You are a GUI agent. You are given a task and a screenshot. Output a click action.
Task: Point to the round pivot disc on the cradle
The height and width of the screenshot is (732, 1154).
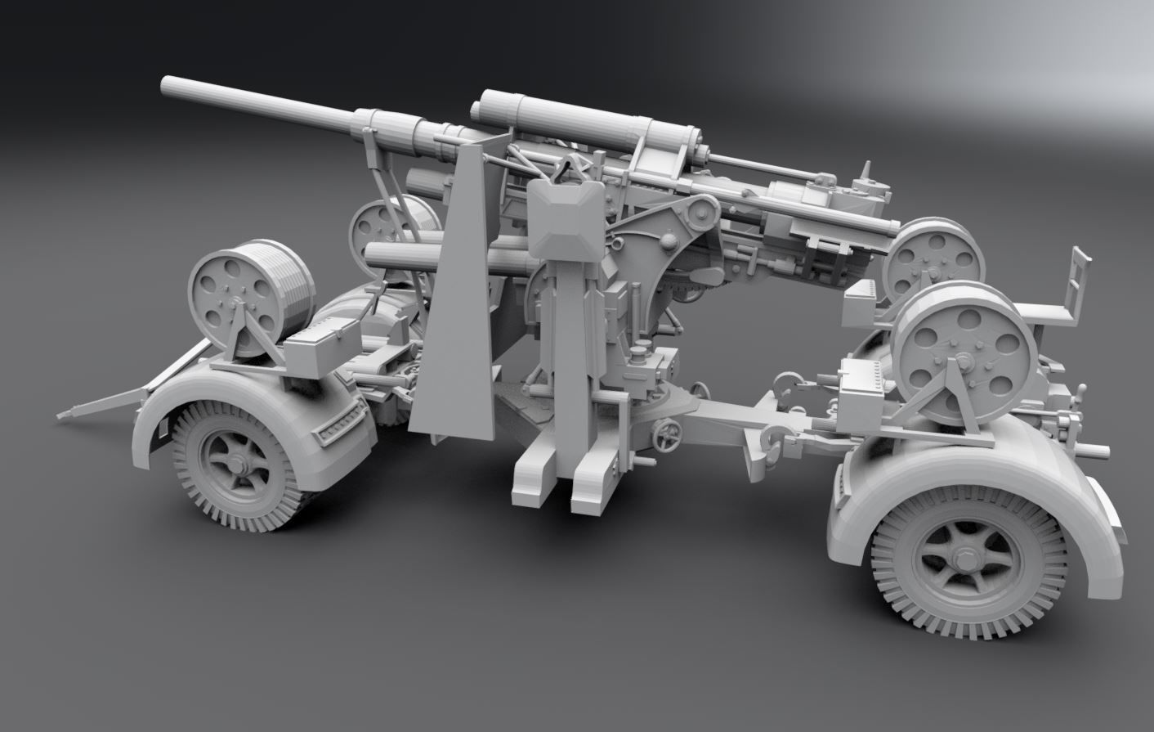pyautogui.click(x=700, y=215)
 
